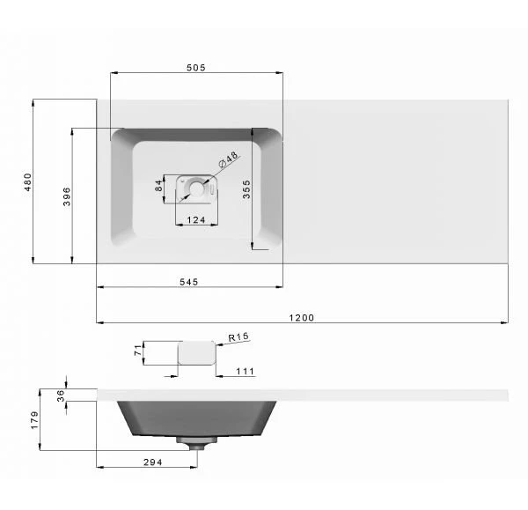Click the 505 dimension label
point(196,68)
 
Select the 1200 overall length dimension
point(301,317)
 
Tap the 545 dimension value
point(189,282)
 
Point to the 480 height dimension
point(28,182)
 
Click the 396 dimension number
point(67,196)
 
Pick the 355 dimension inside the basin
point(246,189)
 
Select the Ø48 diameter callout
point(228,159)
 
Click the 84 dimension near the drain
point(158,186)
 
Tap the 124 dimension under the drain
point(196,220)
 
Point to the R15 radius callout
point(238,336)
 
